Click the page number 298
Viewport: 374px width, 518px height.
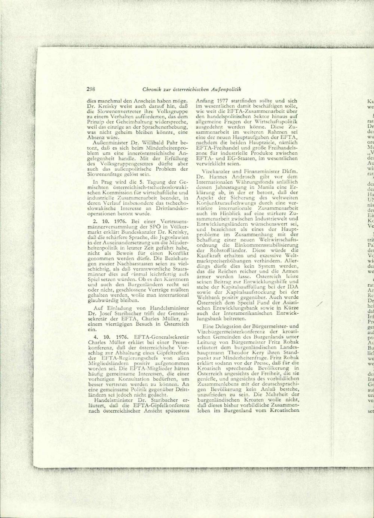click(x=91, y=89)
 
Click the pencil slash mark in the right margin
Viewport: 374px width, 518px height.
click(x=319, y=304)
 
